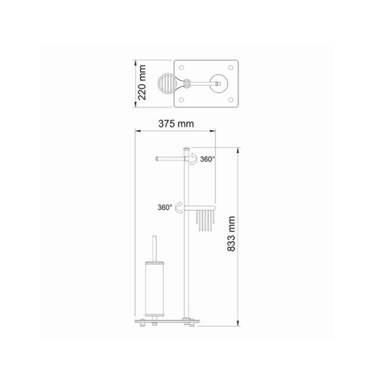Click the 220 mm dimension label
point(142,83)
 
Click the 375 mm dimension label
point(176,124)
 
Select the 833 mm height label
point(231,234)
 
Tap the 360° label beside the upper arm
point(208,159)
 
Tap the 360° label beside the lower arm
point(165,208)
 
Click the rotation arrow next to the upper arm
point(194,159)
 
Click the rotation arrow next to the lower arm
point(178,208)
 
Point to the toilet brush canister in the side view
point(154,288)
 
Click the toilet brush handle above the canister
point(154,248)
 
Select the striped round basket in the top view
point(167,83)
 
